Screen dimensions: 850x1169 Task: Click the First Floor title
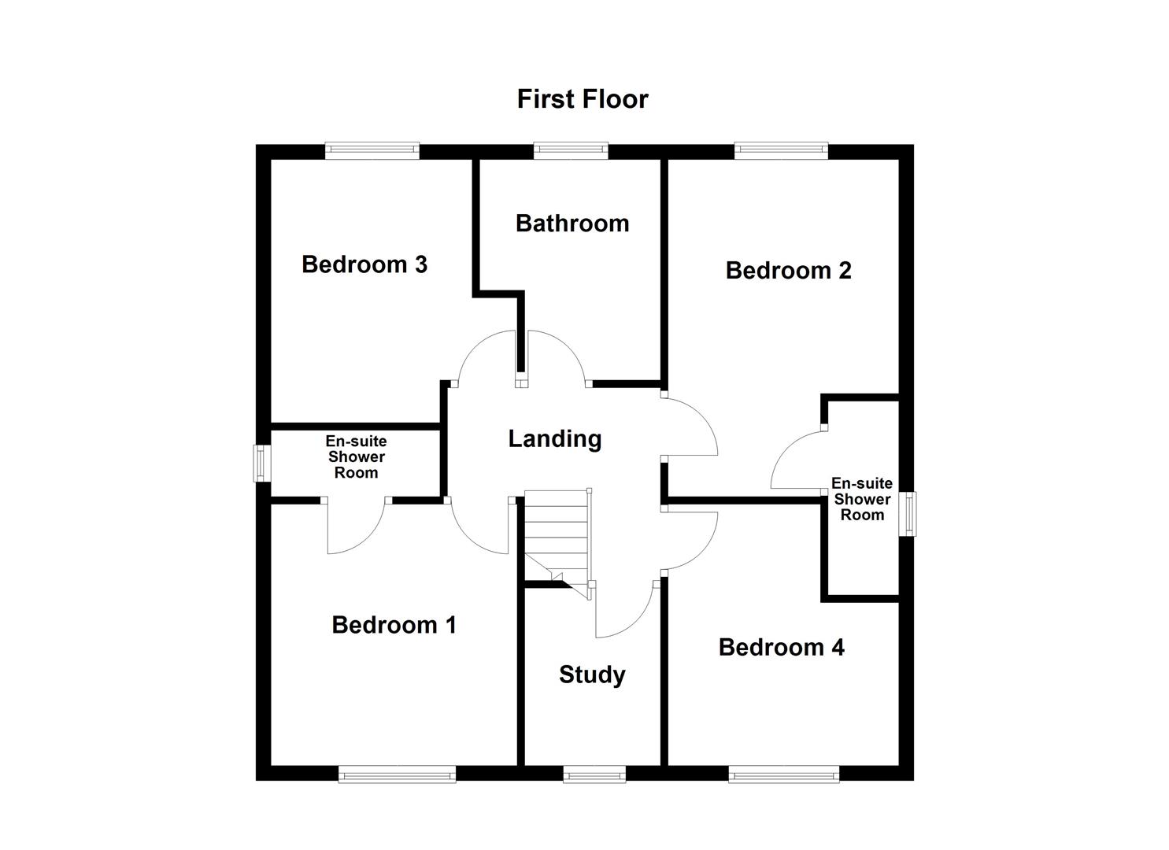click(x=583, y=99)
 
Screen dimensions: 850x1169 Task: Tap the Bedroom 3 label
click(x=364, y=264)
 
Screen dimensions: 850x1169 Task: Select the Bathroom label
click(x=572, y=224)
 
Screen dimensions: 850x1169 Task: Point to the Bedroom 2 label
click(x=788, y=271)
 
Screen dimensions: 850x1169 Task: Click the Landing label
click(x=554, y=438)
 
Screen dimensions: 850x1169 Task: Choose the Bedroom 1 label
click(x=394, y=625)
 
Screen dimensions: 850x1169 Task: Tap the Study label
click(x=592, y=674)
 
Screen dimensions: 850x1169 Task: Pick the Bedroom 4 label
click(x=781, y=647)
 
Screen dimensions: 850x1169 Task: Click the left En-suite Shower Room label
click(x=356, y=457)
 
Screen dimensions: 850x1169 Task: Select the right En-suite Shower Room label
click(x=862, y=499)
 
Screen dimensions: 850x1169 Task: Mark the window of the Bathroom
click(x=571, y=150)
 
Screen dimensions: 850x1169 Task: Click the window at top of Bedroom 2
click(x=781, y=150)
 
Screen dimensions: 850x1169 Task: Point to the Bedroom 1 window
click(x=397, y=774)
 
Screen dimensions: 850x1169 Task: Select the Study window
click(x=594, y=774)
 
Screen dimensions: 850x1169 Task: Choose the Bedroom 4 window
click(x=783, y=774)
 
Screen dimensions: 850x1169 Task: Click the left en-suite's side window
click(x=262, y=464)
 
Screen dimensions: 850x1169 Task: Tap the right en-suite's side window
click(x=908, y=515)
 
